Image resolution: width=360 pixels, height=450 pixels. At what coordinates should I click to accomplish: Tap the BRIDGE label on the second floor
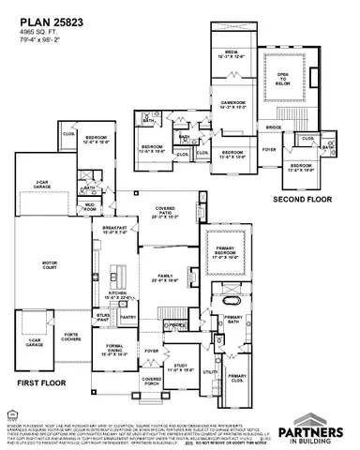tap(273, 127)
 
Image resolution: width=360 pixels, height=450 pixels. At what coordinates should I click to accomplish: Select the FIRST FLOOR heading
tap(38, 382)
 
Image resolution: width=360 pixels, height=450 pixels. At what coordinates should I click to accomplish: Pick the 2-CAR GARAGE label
tap(39, 184)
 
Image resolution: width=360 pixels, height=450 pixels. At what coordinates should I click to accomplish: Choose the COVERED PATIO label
tap(163, 213)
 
